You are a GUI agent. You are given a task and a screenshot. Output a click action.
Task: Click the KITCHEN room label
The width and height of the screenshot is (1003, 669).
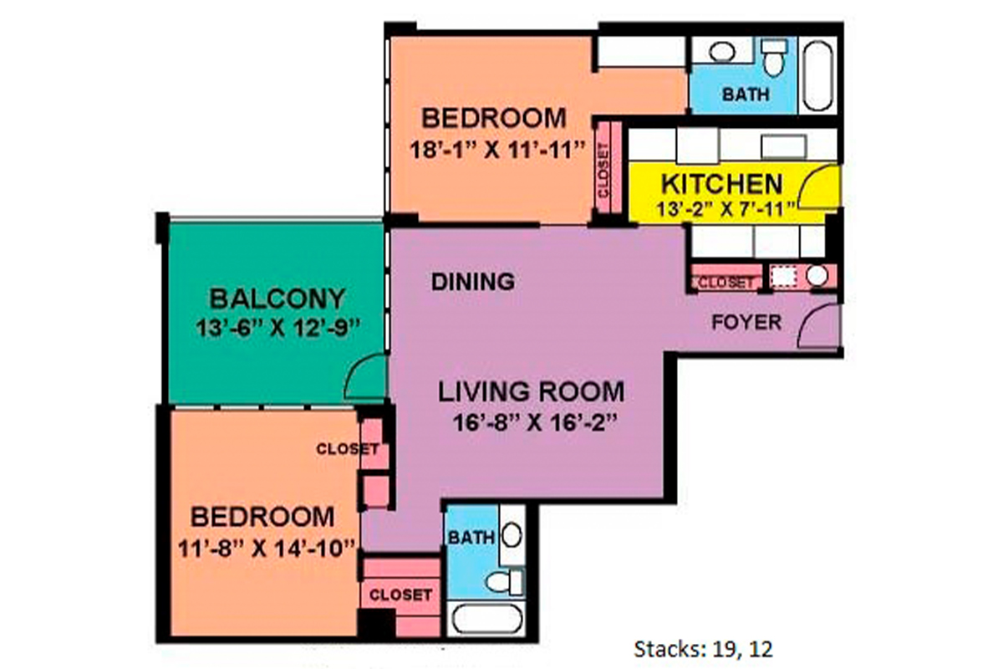[x=722, y=184]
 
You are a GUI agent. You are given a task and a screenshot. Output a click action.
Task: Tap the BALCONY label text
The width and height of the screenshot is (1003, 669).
[x=277, y=299]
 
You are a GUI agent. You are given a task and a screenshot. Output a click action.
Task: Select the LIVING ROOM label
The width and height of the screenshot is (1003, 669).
[x=532, y=391]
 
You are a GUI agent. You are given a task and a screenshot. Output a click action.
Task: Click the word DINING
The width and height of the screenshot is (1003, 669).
[x=473, y=282]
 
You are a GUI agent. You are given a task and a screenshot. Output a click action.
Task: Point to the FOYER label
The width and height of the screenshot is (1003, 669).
[x=746, y=322]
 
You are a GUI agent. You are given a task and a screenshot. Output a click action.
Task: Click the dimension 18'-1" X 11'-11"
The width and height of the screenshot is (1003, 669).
[x=496, y=151]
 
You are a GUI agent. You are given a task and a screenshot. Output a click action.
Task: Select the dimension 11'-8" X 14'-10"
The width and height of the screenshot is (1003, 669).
[x=267, y=548]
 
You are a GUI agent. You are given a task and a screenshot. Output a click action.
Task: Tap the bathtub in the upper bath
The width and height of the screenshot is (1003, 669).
[x=816, y=74]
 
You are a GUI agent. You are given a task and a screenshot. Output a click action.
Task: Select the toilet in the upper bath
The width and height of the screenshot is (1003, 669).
[x=772, y=56]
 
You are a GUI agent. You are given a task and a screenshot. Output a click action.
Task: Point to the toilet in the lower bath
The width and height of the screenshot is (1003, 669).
[x=507, y=580]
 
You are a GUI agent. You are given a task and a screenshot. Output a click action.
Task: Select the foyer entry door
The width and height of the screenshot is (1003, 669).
[x=817, y=328]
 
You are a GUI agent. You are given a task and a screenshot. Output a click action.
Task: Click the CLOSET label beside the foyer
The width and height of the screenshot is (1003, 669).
[x=726, y=283]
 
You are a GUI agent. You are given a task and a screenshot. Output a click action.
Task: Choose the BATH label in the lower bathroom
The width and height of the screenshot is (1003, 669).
[x=471, y=537]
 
